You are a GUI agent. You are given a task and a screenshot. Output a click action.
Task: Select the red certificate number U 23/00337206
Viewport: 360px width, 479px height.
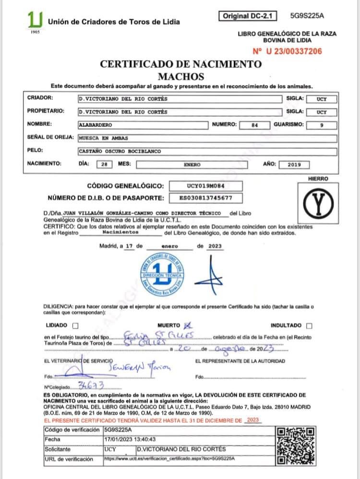(x=287, y=51)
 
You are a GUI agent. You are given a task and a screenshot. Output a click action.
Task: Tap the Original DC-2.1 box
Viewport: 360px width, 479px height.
(x=247, y=16)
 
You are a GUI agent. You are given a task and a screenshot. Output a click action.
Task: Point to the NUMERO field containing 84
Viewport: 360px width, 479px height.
(x=255, y=125)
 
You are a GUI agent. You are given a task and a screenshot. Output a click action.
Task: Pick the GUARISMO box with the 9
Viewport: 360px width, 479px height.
(x=322, y=125)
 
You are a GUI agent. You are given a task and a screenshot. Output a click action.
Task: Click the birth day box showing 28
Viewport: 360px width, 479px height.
(x=104, y=164)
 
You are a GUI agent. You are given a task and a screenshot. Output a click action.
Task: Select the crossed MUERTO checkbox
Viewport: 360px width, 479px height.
(x=188, y=325)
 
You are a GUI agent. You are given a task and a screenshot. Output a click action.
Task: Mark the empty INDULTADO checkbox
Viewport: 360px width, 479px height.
(x=308, y=325)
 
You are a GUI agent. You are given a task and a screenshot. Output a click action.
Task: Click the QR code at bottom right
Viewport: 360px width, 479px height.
(x=297, y=445)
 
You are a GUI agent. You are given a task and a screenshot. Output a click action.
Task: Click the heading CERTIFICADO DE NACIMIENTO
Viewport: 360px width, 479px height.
(x=180, y=64)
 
